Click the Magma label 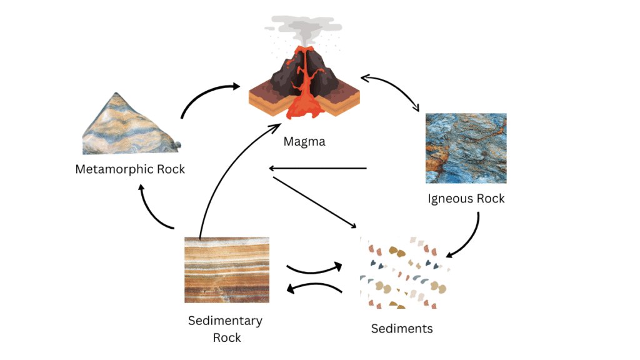point(304,141)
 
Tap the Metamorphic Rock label point(130,169)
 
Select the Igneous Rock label point(466,199)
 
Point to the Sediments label point(402,328)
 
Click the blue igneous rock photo point(466,148)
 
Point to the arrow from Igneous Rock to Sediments point(470,241)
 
